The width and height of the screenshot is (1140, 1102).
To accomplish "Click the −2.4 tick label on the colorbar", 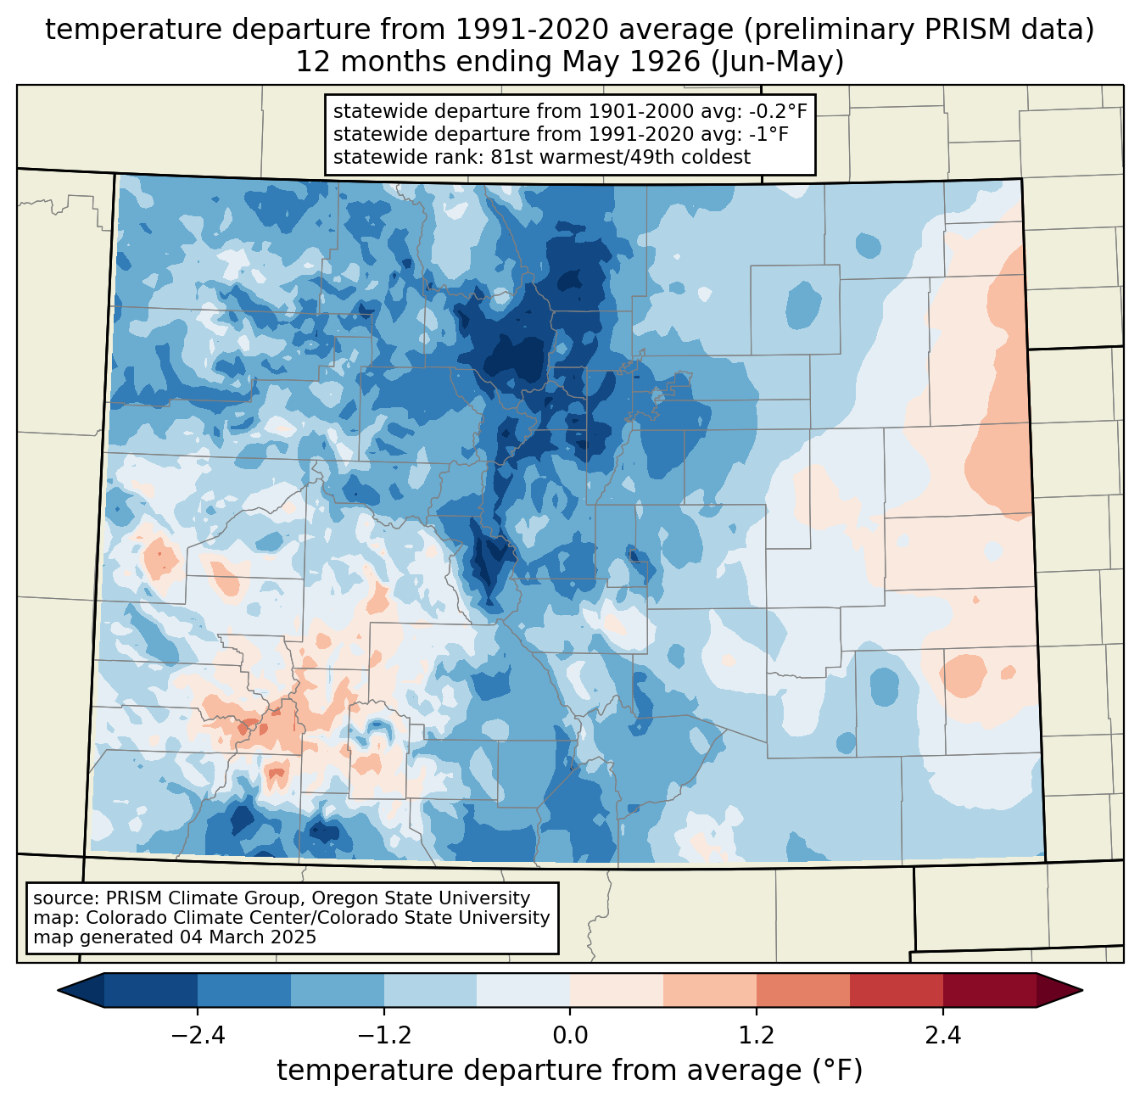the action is pyautogui.click(x=198, y=1036).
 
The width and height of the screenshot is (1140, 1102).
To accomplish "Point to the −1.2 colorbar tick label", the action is pyautogui.click(x=384, y=1036).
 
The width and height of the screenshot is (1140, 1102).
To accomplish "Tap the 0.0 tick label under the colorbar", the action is pyautogui.click(x=570, y=1036).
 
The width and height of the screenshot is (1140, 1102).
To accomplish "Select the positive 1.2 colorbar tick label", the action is pyautogui.click(x=757, y=1036).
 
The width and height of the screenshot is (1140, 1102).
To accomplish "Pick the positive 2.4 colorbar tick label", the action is pyautogui.click(x=943, y=1036).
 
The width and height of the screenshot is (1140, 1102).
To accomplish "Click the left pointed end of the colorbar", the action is pyautogui.click(x=59, y=991).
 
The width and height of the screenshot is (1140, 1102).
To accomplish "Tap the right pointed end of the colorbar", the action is pyautogui.click(x=1082, y=991).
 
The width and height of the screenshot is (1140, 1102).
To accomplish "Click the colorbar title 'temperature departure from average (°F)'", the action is pyautogui.click(x=569, y=1071).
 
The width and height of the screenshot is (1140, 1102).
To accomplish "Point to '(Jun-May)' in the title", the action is pyautogui.click(x=777, y=62).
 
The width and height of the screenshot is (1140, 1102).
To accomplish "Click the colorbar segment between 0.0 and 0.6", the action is pyautogui.click(x=617, y=991).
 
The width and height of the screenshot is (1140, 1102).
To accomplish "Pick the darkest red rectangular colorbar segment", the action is pyautogui.click(x=990, y=991).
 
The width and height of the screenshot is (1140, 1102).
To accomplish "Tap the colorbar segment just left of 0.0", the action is pyautogui.click(x=523, y=991).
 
